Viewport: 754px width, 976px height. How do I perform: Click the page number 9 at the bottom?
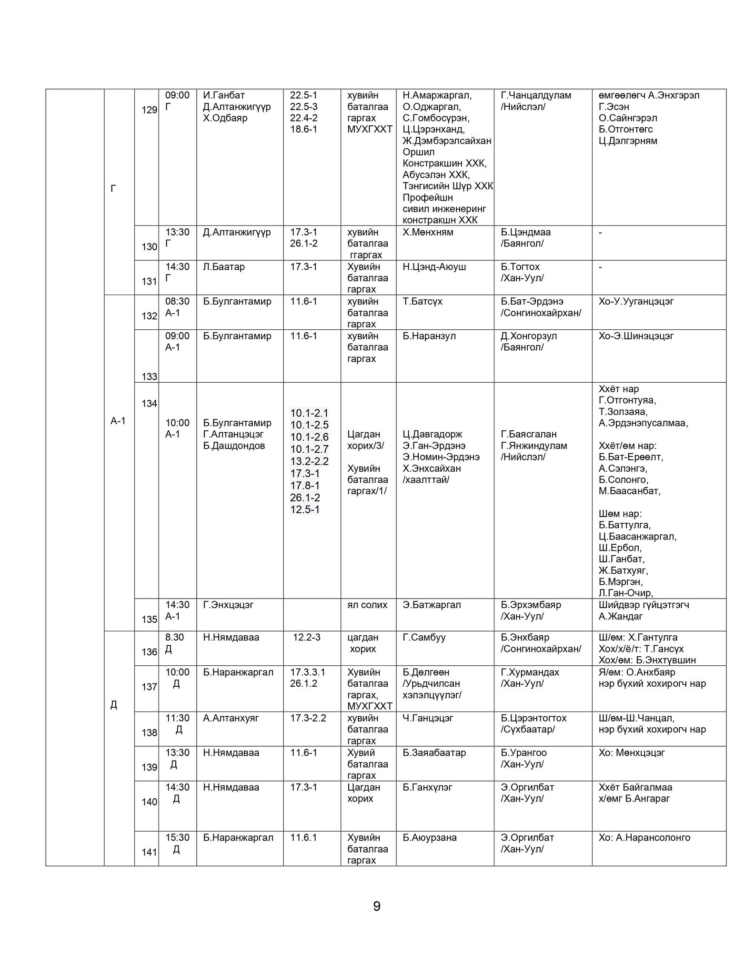[x=376, y=906]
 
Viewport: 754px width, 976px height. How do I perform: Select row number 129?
[x=149, y=110]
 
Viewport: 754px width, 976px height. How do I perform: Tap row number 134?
[x=149, y=404]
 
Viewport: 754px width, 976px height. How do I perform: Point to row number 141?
[x=149, y=852]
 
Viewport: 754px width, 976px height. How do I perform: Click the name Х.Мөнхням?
[x=428, y=232]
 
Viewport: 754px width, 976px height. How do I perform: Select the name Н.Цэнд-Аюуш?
[x=434, y=267]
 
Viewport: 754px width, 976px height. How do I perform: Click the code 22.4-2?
[x=303, y=118]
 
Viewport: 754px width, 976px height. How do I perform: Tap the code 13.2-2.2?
[x=309, y=461]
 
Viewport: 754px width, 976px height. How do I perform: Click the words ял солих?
[x=367, y=605]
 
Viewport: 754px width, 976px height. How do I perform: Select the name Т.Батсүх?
[x=422, y=301]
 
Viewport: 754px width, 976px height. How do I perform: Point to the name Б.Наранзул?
[x=429, y=336]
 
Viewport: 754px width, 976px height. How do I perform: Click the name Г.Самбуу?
[x=424, y=637]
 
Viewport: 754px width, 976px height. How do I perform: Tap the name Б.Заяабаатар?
[x=434, y=752]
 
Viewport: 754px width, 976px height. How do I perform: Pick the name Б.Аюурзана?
[x=429, y=837]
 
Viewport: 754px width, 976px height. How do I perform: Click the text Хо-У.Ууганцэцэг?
[x=636, y=301]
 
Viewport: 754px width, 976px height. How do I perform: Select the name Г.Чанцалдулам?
[x=536, y=95]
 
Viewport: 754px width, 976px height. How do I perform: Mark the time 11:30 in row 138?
[x=177, y=718]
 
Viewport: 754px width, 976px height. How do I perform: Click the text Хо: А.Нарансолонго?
[x=644, y=837]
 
